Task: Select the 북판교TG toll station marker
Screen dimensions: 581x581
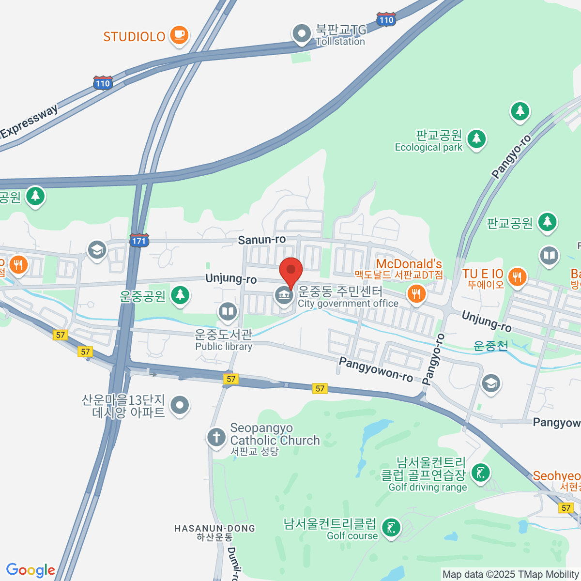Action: (302, 34)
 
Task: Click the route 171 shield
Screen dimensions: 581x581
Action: (139, 240)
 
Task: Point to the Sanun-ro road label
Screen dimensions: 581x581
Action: (261, 240)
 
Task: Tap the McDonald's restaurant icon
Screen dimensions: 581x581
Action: (416, 293)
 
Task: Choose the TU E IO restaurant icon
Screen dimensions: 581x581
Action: (517, 277)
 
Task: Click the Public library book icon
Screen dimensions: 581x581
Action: (227, 311)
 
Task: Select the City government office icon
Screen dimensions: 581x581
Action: (284, 295)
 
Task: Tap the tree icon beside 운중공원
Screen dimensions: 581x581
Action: (180, 294)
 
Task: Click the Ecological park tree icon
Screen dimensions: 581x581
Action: (476, 139)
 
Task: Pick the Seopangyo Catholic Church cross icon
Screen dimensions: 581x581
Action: (216, 437)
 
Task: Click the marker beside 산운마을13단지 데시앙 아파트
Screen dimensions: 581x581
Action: (180, 405)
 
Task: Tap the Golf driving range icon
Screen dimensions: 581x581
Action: (480, 473)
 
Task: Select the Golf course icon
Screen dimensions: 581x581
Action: (391, 527)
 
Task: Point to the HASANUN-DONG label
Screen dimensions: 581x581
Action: (214, 528)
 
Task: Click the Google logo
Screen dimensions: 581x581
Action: (31, 570)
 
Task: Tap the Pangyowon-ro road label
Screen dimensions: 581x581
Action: (376, 369)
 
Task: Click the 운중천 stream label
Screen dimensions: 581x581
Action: (490, 346)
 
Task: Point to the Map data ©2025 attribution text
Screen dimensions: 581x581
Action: (511, 575)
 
